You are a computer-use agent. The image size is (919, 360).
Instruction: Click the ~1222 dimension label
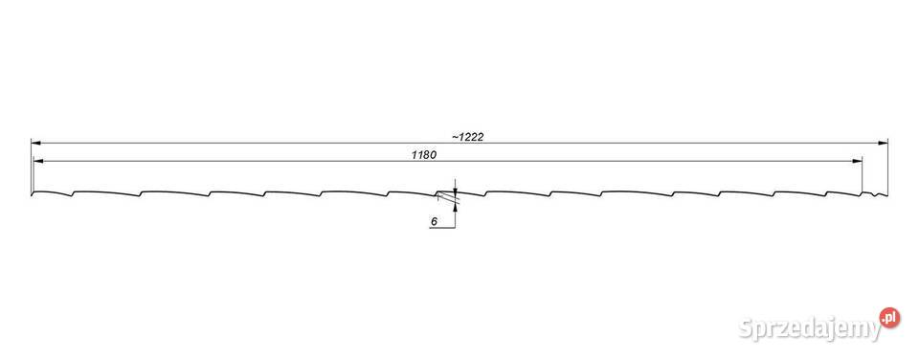tap(467, 137)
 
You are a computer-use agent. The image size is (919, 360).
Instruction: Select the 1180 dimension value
tap(425, 155)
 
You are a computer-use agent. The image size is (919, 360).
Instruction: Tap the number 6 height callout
tap(434, 221)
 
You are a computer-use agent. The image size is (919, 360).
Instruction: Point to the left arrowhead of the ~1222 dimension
tap(35, 142)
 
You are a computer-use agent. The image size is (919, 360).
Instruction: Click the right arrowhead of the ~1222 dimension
tap(884, 142)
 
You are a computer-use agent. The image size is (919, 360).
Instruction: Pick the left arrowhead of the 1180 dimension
tap(38, 160)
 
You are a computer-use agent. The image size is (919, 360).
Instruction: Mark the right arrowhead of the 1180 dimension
tap(858, 160)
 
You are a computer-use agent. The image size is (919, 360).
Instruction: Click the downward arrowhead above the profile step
tap(455, 188)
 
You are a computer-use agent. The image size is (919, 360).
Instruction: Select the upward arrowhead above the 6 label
tap(455, 202)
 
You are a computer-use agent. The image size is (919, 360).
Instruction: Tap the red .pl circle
tap(889, 318)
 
